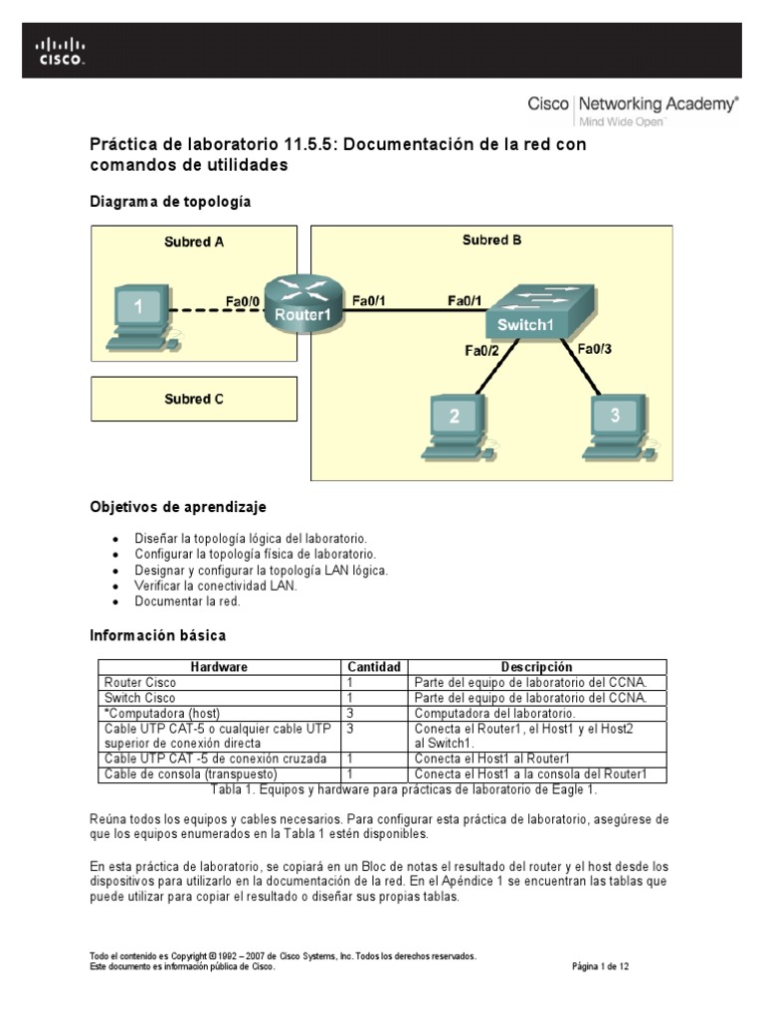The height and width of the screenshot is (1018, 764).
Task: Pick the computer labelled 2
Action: click(455, 427)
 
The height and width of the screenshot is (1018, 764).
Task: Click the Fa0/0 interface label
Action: click(243, 299)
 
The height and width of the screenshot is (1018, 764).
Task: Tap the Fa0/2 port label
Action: click(482, 350)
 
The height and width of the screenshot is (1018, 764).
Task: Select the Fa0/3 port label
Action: click(595, 348)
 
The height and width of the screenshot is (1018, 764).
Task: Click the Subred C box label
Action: click(194, 400)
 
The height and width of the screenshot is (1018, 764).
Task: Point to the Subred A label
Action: click(194, 242)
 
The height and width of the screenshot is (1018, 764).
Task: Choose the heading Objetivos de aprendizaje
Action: click(178, 507)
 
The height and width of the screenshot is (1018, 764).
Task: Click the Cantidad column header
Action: click(373, 667)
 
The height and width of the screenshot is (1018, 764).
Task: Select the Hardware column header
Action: click(219, 667)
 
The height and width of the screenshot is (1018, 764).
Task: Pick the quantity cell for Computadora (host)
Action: click(351, 714)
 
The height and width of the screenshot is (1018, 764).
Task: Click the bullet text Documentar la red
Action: click(188, 601)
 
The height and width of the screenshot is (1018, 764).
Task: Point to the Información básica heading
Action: click(158, 634)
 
